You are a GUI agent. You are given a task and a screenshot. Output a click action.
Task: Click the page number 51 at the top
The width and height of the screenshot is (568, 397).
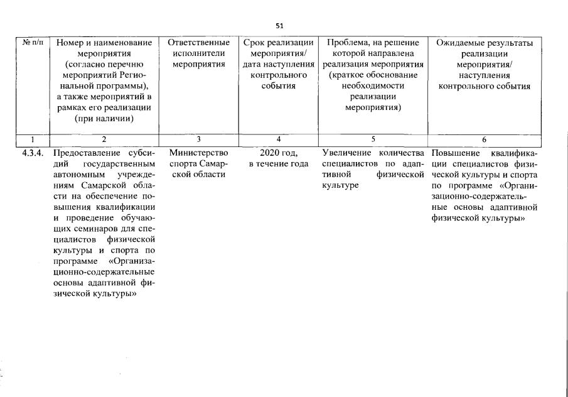click(280, 26)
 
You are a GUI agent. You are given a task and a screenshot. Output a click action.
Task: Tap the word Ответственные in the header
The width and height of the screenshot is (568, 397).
click(198, 42)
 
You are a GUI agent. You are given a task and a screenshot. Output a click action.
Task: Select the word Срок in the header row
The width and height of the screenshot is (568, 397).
click(254, 42)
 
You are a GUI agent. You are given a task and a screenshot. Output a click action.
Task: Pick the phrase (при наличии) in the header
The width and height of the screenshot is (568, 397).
click(104, 117)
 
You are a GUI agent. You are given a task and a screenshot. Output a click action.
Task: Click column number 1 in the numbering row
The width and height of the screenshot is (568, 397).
click(32, 139)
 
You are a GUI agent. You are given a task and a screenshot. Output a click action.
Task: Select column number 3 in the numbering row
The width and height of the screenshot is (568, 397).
click(198, 139)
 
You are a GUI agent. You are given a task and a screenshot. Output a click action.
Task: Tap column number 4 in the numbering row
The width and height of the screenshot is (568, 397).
click(278, 139)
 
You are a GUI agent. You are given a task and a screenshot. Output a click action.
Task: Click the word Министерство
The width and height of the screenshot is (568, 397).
click(198, 153)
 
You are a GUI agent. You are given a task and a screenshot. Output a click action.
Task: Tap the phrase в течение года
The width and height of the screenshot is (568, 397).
click(278, 164)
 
